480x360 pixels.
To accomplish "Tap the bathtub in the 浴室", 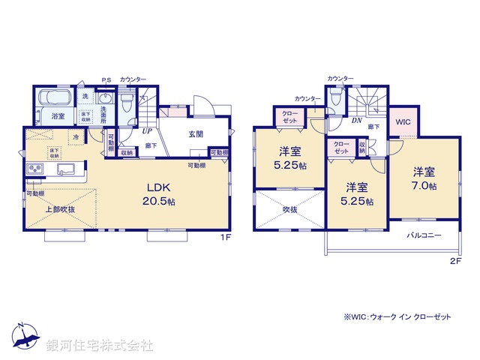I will tap(52, 98).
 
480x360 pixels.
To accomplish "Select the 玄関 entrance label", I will tap(186, 134).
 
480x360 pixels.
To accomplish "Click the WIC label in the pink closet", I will tap(403, 121).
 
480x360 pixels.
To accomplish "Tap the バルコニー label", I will tap(424, 235).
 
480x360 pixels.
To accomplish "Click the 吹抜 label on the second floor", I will tap(290, 211).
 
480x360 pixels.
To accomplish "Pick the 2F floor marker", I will tap(454, 262).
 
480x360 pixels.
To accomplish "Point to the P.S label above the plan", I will tap(106, 79).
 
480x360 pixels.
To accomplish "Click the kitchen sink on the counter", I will tap(61, 167).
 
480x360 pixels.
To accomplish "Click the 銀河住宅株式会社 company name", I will tap(100, 346).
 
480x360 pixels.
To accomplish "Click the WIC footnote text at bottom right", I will tap(397, 317).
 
